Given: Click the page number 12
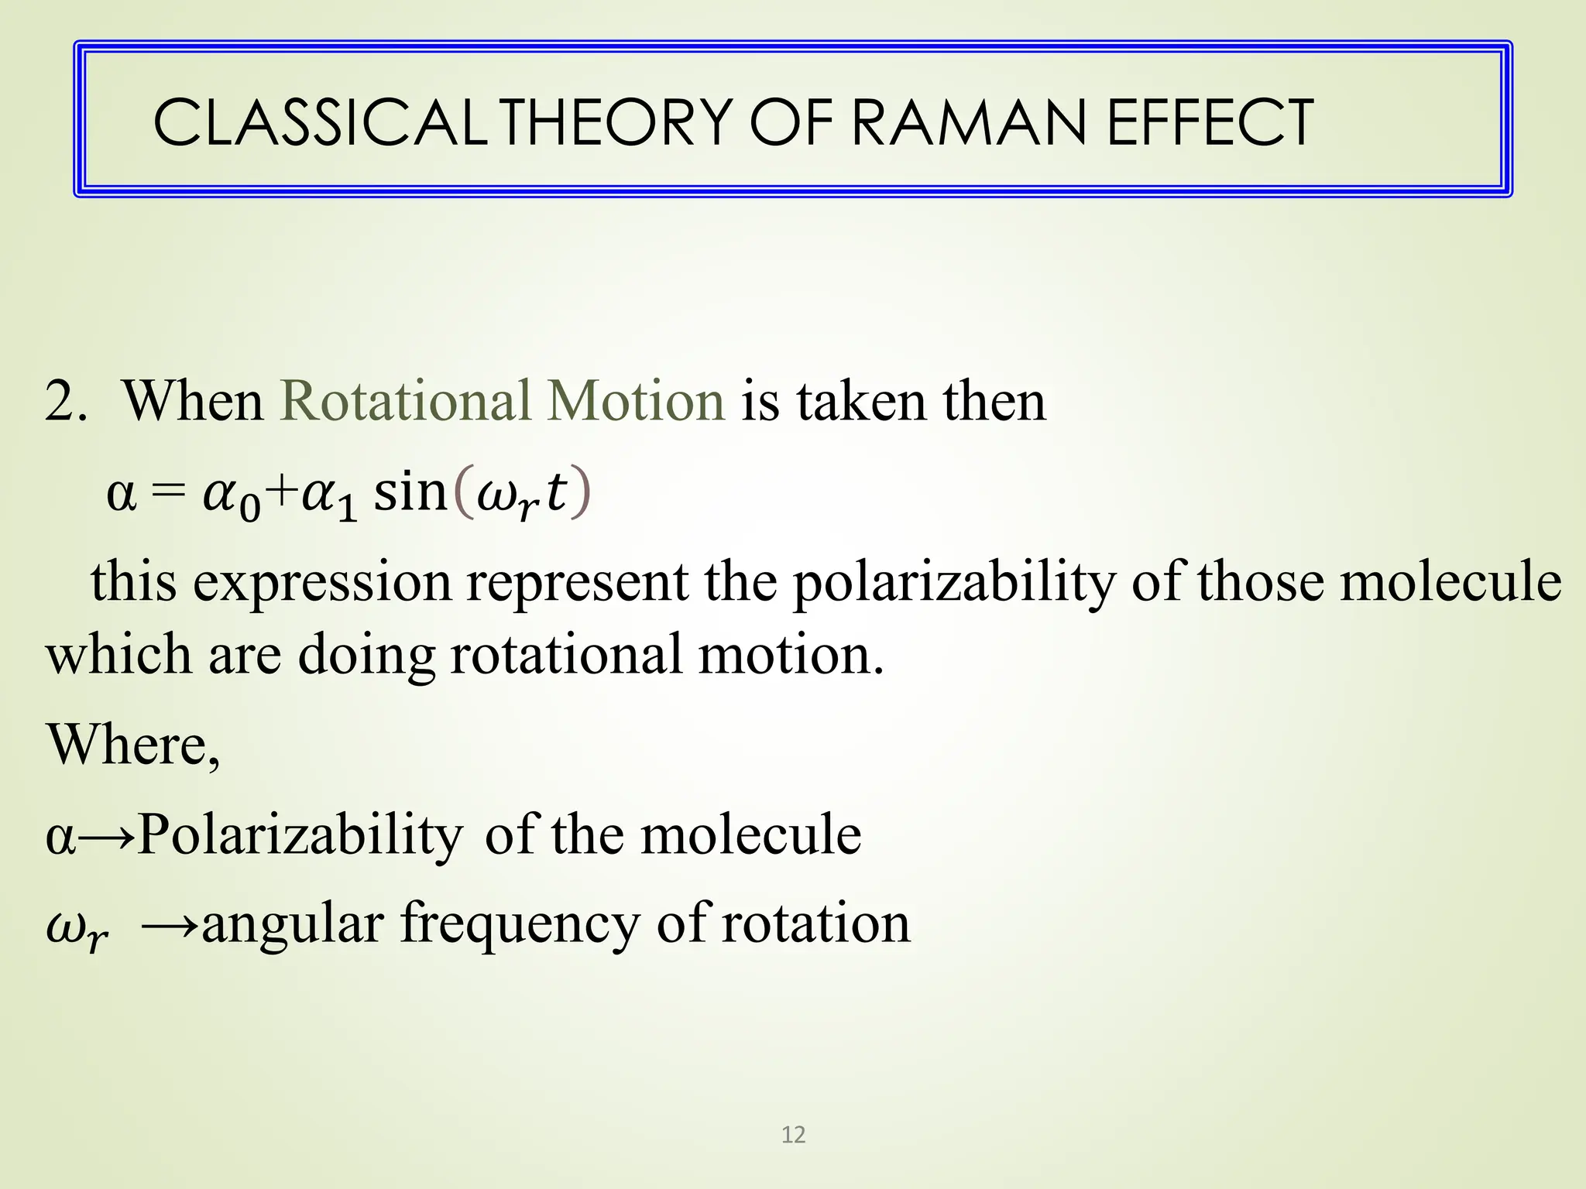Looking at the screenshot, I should (793, 1135).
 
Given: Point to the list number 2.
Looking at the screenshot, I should (65, 401).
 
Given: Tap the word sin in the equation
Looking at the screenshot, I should (410, 492).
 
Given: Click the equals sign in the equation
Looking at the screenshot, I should (169, 492).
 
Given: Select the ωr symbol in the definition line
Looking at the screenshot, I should (76, 929).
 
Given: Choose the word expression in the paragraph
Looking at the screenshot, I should (321, 582).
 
